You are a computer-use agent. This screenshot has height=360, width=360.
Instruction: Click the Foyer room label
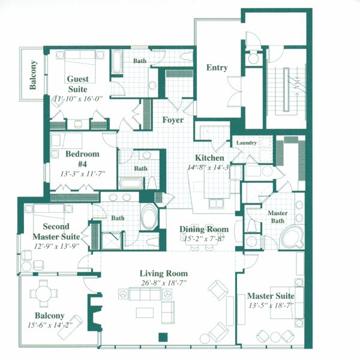(173, 120)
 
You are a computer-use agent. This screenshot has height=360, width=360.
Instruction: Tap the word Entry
(217, 68)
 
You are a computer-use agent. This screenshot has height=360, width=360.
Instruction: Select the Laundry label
(247, 143)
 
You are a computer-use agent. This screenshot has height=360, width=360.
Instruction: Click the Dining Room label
(205, 230)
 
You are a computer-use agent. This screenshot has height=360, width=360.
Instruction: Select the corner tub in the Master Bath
(293, 238)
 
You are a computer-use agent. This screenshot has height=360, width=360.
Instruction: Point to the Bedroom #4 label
(82, 158)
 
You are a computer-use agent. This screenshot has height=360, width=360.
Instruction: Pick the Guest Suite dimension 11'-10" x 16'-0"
(78, 99)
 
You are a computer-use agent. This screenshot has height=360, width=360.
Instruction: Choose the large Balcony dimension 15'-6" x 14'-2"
(50, 325)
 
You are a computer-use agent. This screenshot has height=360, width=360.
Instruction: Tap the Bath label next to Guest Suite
(140, 61)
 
